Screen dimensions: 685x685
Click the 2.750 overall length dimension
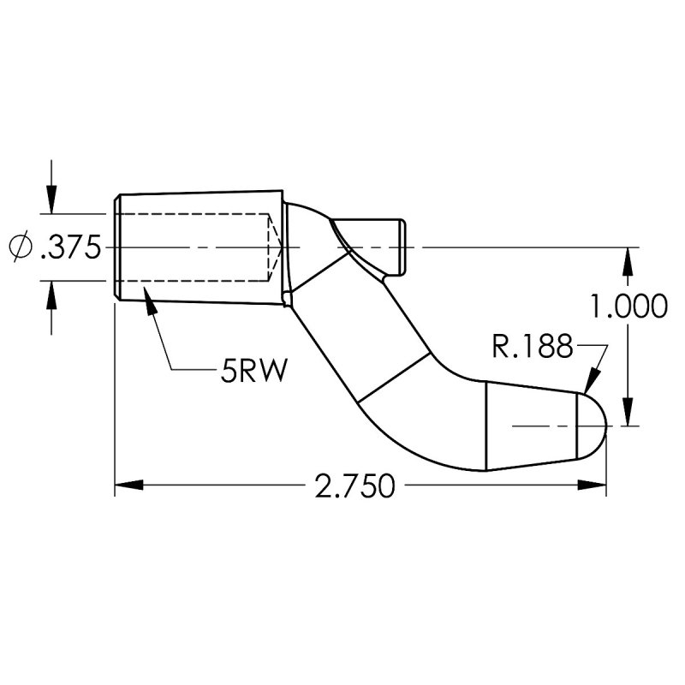click(354, 486)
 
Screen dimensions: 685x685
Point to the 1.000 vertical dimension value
click(629, 306)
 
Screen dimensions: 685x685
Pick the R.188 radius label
click(532, 347)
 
